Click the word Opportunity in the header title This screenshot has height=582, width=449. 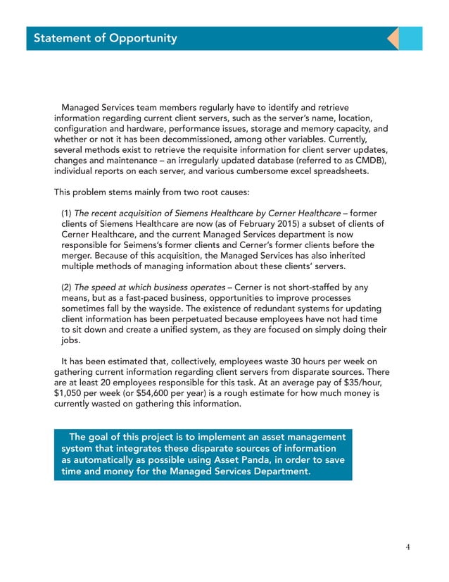point(143,38)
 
